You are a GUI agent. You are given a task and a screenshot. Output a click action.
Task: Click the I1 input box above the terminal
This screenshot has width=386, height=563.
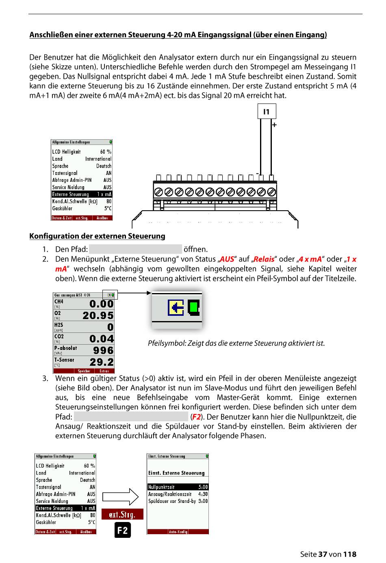click(x=267, y=112)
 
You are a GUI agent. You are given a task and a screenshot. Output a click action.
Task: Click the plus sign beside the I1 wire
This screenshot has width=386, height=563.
click(x=275, y=125)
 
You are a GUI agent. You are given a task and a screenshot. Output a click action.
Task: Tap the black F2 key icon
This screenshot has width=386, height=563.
click(x=123, y=530)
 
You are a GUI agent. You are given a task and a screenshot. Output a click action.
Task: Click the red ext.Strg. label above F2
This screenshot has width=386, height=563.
click(x=122, y=514)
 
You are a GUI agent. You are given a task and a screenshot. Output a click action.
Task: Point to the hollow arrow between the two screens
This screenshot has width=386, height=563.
click(x=121, y=497)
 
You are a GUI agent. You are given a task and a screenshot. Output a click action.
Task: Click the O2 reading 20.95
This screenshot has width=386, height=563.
click(x=98, y=315)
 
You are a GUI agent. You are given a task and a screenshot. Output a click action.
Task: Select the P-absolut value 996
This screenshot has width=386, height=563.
click(x=103, y=351)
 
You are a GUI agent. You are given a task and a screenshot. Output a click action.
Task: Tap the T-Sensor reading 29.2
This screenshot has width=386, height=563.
click(x=101, y=362)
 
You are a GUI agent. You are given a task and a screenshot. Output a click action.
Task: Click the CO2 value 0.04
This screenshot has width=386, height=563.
click(x=101, y=339)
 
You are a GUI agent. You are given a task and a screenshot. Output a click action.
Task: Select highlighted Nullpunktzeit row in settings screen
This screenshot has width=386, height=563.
click(x=178, y=487)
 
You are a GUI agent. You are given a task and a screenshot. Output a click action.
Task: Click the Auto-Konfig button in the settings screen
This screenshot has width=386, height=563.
click(x=178, y=532)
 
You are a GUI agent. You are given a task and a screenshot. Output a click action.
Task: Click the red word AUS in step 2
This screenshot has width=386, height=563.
click(x=227, y=259)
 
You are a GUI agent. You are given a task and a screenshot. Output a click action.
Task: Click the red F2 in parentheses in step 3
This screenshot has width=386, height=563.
click(x=196, y=417)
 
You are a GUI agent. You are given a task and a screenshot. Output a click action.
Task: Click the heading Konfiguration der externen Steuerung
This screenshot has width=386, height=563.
click(x=97, y=236)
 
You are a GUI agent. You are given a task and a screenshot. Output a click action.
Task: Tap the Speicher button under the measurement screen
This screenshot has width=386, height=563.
click(x=84, y=371)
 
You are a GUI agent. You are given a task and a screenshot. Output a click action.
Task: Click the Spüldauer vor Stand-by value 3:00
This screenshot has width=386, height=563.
click(x=203, y=501)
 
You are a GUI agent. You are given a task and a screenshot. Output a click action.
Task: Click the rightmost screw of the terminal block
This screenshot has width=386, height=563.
click(x=272, y=192)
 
